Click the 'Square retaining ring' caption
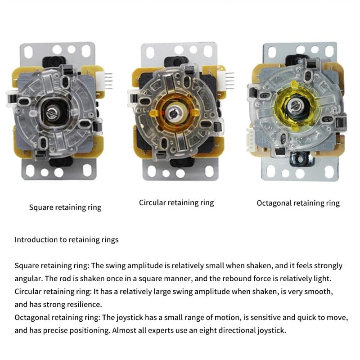(65, 207)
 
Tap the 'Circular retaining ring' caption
(176, 203)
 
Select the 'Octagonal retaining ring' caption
(298, 203)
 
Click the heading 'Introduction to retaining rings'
(66, 240)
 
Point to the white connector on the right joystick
(250, 139)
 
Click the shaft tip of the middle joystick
(173, 113)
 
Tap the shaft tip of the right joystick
(294, 106)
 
